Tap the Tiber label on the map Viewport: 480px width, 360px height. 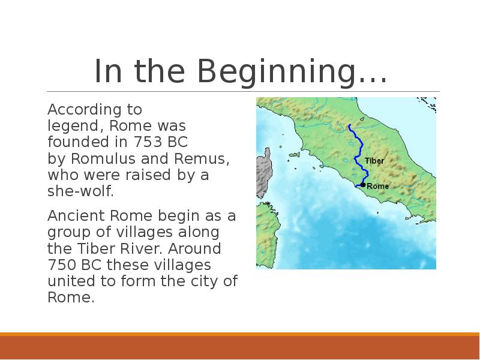[x=374, y=161]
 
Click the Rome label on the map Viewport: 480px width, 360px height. [x=378, y=186]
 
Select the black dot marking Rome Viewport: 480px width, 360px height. [x=363, y=185]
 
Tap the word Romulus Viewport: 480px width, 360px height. [x=103, y=158]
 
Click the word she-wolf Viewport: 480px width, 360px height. [x=80, y=191]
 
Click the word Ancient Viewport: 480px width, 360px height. [x=76, y=215]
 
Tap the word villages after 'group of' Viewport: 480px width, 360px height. [x=144, y=232]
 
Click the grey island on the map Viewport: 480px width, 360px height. [x=264, y=173]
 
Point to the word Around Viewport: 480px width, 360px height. [x=194, y=248]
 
